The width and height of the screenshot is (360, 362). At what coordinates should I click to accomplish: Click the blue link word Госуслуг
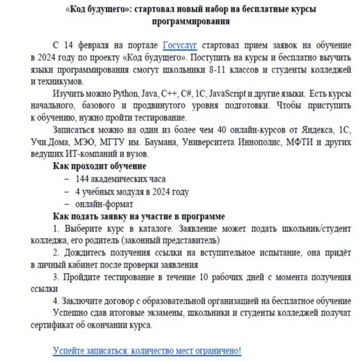click(x=179, y=44)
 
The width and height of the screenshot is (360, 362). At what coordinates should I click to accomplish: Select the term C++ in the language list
click(x=169, y=94)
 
